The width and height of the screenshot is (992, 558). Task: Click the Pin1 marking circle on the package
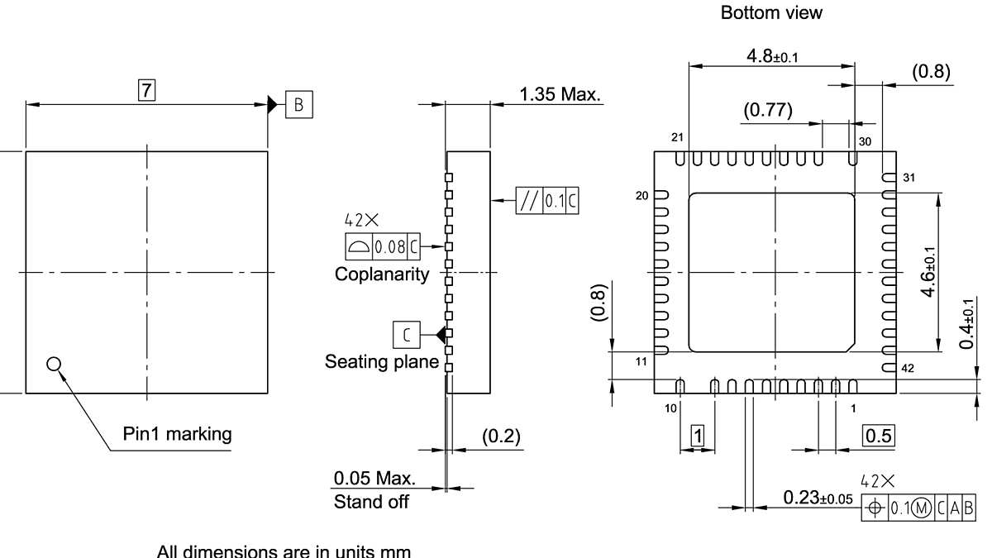coord(54,364)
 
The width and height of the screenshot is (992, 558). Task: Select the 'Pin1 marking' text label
coord(177,434)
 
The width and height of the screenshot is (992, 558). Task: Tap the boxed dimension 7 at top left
coord(146,90)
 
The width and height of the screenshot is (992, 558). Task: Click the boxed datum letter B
coord(299,104)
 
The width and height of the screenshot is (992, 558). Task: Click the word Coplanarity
coord(382,274)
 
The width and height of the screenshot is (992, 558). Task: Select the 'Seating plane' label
coord(381,361)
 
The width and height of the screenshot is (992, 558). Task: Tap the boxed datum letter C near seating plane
coord(406,335)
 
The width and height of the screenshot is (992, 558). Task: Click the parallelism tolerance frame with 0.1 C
coord(547,201)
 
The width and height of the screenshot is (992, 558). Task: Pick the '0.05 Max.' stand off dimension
coord(374,479)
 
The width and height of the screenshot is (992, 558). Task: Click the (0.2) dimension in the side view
coord(501,436)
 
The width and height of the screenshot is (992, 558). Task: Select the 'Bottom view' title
coord(771,13)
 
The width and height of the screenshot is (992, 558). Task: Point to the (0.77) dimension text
coord(767,110)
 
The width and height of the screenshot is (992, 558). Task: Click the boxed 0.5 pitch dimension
coord(878,436)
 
